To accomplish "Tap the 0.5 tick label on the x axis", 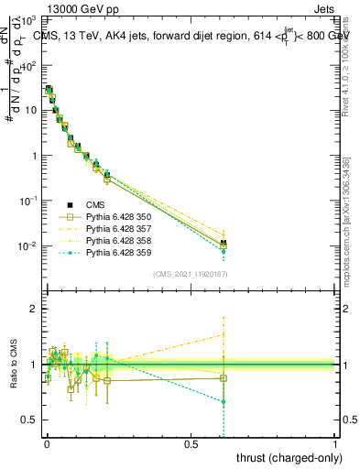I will (x=191, y=442).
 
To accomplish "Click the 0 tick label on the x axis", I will (x=47, y=442).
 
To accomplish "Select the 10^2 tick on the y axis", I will (x=29, y=65).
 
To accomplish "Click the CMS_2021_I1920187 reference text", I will (x=191, y=275).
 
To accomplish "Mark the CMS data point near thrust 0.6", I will (x=223, y=243).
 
